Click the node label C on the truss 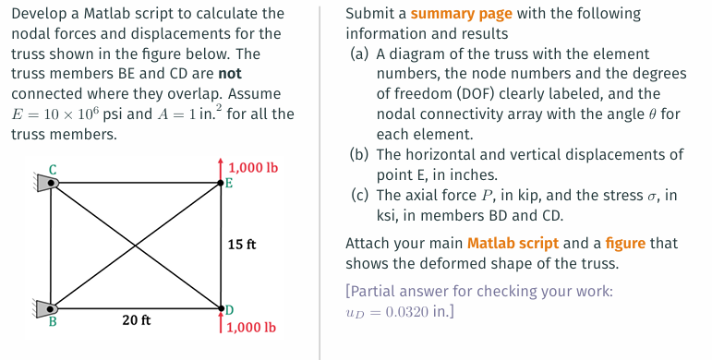(x=53, y=169)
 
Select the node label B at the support (x=53, y=323)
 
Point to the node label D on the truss (x=229, y=308)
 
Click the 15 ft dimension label (x=242, y=245)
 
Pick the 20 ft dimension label (x=137, y=320)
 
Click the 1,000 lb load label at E (x=252, y=168)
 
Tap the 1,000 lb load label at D (x=251, y=327)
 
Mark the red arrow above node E (x=221, y=169)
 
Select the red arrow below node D (x=221, y=321)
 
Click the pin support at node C (x=46, y=183)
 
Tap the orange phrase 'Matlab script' (x=513, y=244)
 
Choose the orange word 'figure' (x=627, y=244)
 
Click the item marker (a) (x=360, y=54)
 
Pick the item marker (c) (x=360, y=195)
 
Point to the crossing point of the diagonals (x=136, y=246)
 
